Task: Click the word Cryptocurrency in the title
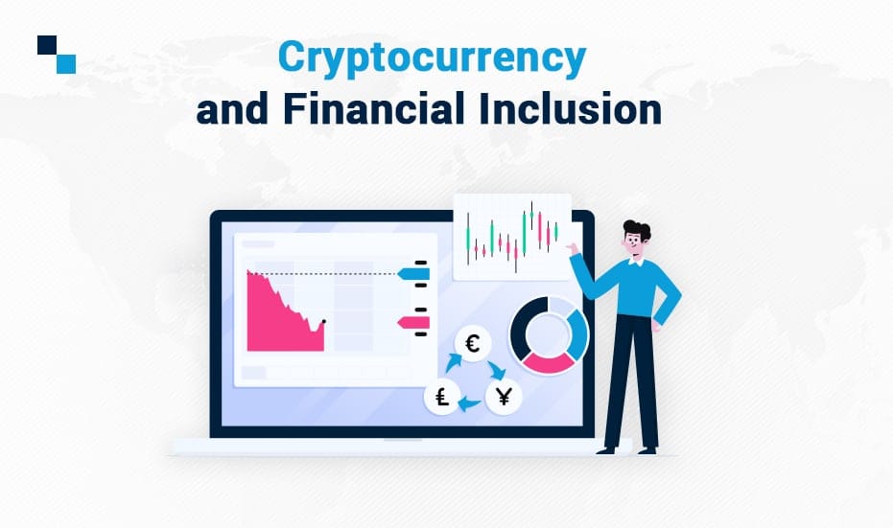pyautogui.click(x=432, y=58)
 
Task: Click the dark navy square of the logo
pyautogui.click(x=47, y=45)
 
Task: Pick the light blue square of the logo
pyautogui.click(x=66, y=64)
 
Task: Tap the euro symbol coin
pyautogui.click(x=473, y=344)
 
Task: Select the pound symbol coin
pyautogui.click(x=442, y=396)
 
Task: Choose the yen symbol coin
pyautogui.click(x=504, y=396)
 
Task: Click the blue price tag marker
pyautogui.click(x=413, y=274)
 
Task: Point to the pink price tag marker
pyautogui.click(x=413, y=323)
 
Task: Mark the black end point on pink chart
pyautogui.click(x=324, y=321)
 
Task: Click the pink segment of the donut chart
pyautogui.click(x=549, y=363)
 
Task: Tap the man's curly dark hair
pyautogui.click(x=637, y=229)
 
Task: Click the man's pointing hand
pyautogui.click(x=573, y=248)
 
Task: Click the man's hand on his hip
pyautogui.click(x=655, y=326)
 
